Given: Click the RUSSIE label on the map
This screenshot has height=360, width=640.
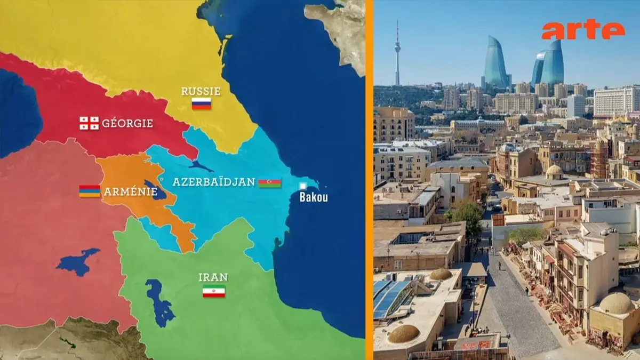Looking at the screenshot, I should click(x=201, y=91).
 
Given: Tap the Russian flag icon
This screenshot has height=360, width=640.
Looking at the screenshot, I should click(x=201, y=103).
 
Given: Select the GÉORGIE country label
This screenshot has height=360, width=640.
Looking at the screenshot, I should click(x=127, y=123).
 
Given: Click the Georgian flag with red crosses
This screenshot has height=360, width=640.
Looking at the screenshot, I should click(x=89, y=123).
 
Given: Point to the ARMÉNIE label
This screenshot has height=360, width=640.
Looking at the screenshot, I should click(x=130, y=191).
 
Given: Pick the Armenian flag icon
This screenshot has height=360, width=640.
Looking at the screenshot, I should click(x=90, y=191).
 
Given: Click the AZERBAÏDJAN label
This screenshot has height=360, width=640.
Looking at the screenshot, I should click(x=213, y=182).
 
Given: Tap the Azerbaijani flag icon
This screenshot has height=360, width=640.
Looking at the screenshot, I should click(x=269, y=183).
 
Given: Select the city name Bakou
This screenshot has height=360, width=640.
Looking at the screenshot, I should click(x=313, y=198).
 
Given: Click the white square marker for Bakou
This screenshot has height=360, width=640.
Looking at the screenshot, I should click(x=302, y=186).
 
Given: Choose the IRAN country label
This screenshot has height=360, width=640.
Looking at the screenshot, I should click(x=213, y=277).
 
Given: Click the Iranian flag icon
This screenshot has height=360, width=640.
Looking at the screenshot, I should click(x=213, y=291).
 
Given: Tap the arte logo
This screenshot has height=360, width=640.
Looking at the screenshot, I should click(x=582, y=30).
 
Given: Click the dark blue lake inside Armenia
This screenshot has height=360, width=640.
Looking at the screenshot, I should click(x=155, y=190).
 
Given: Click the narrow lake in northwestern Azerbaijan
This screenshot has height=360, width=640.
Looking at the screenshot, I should click(x=201, y=166).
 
